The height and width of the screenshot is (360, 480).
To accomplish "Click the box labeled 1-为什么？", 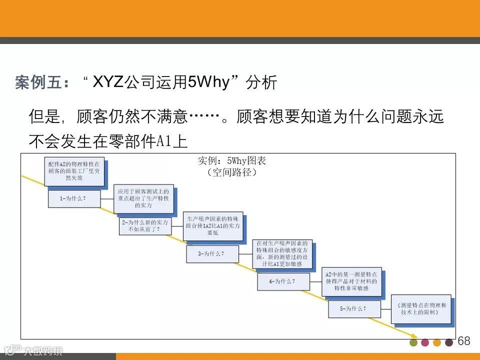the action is tap(73, 198).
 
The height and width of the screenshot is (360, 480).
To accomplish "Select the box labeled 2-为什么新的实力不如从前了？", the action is tap(144, 226).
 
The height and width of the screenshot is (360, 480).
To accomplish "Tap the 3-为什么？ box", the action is tap(211, 253).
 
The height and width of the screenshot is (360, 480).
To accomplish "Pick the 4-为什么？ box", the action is tap(282, 281).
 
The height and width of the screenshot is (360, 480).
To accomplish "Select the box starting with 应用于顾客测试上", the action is tap(143, 198).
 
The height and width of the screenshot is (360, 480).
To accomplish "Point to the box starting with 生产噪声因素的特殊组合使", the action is tap(213, 225).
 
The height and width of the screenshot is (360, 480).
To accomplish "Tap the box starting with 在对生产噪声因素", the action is tap(282, 253).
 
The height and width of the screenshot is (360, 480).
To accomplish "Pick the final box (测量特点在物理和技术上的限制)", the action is tap(420, 308).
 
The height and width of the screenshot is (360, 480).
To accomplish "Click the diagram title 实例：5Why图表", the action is tap(232, 161).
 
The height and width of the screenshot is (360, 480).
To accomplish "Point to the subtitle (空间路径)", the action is tap(231, 172).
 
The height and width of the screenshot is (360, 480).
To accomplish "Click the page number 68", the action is tap(464, 341).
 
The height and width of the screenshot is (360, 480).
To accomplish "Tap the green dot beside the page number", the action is tap(413, 342).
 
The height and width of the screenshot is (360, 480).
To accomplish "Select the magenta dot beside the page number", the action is tap(425, 342).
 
